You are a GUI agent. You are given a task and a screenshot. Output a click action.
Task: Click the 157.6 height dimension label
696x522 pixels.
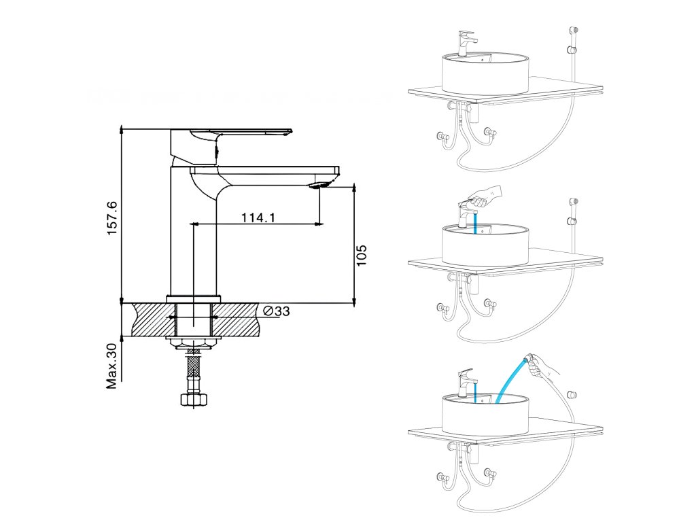coord(112,218)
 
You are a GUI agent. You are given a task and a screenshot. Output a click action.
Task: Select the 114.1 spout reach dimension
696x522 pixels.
coord(258,217)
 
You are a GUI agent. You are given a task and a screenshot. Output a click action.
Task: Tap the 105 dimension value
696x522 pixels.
coord(362,255)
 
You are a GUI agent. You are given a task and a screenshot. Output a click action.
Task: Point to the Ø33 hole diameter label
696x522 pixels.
coord(276,311)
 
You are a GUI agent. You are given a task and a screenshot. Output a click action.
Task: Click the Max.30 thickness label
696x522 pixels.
coord(112,366)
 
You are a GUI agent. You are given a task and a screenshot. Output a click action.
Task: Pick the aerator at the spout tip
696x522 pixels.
coord(322,184)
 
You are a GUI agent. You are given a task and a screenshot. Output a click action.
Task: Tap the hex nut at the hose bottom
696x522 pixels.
coord(194,400)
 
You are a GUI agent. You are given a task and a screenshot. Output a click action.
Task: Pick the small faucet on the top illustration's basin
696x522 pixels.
coord(466,42)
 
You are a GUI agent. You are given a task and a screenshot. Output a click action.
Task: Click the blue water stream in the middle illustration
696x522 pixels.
coord(476,222)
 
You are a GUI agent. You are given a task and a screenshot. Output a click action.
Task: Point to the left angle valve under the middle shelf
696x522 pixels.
coord(445,310)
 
